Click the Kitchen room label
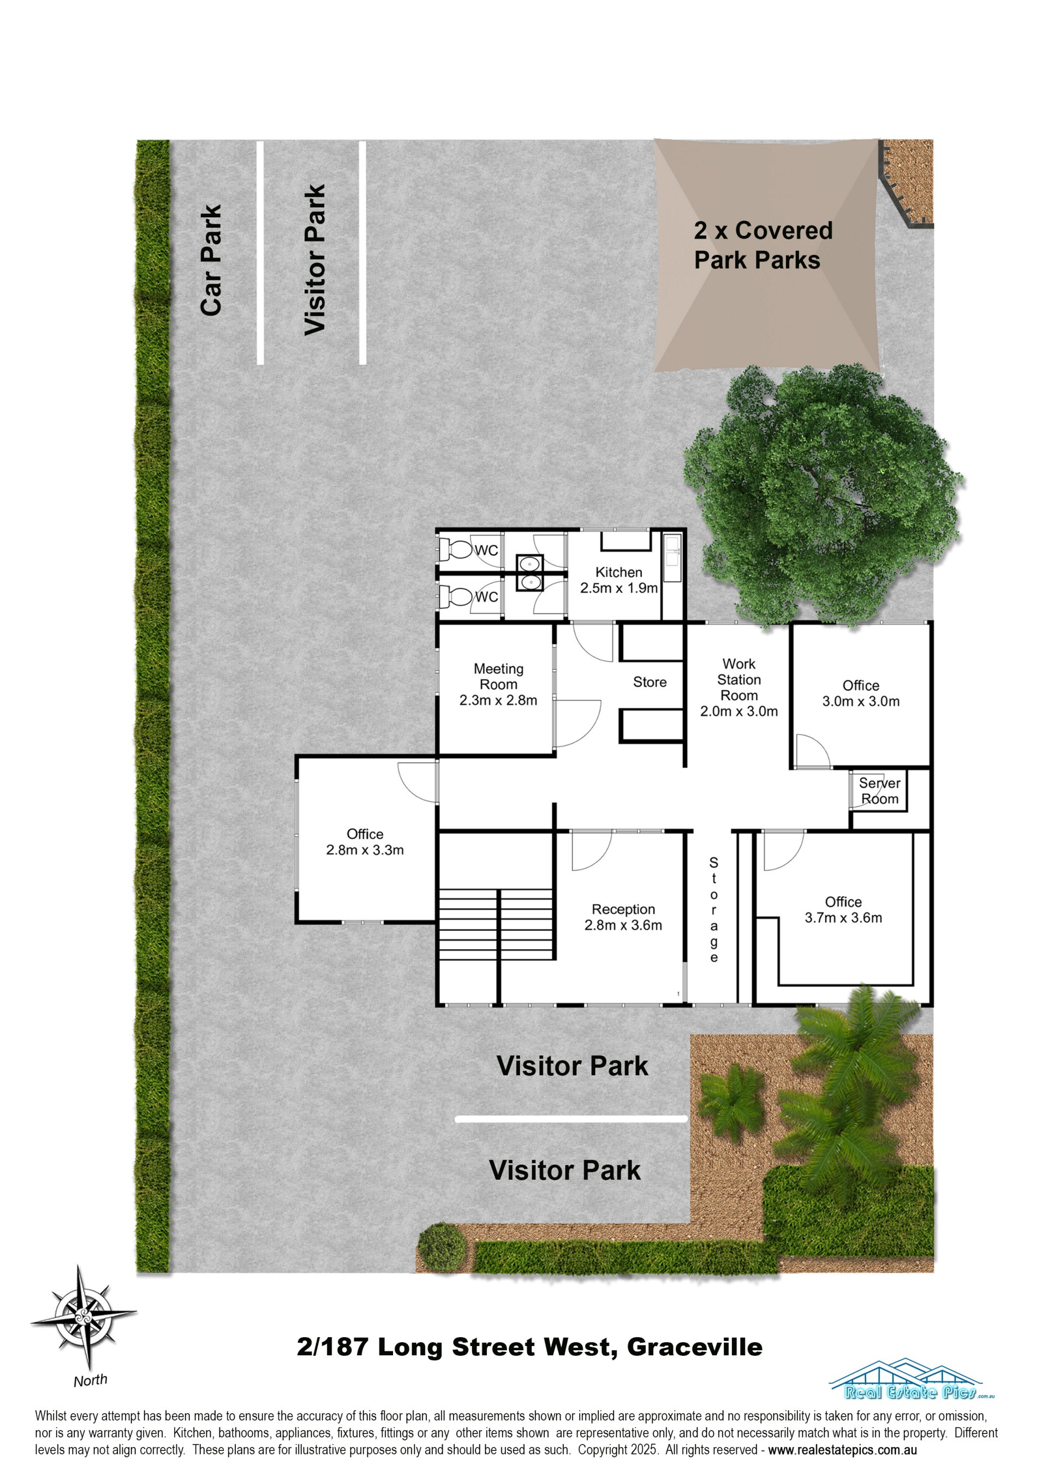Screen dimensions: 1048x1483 pyautogui.click(x=618, y=580)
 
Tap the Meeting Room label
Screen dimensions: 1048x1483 pyautogui.click(x=498, y=685)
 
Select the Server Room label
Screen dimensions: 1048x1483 pyautogui.click(x=879, y=791)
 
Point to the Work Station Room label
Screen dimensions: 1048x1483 pyautogui.click(x=739, y=688)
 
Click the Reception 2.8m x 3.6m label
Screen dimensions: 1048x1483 pyautogui.click(x=623, y=917)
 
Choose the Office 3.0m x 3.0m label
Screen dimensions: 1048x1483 pyautogui.click(x=861, y=693)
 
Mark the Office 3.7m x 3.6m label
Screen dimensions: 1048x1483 pyautogui.click(x=843, y=910)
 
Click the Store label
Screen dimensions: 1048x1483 pyautogui.click(x=650, y=682)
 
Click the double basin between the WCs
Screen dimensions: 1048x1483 pyautogui.click(x=530, y=572)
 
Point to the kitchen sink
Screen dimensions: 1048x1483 pyautogui.click(x=672, y=557)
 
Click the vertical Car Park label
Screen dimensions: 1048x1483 pyautogui.click(x=211, y=260)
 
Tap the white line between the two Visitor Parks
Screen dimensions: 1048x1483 pyautogui.click(x=571, y=1119)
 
